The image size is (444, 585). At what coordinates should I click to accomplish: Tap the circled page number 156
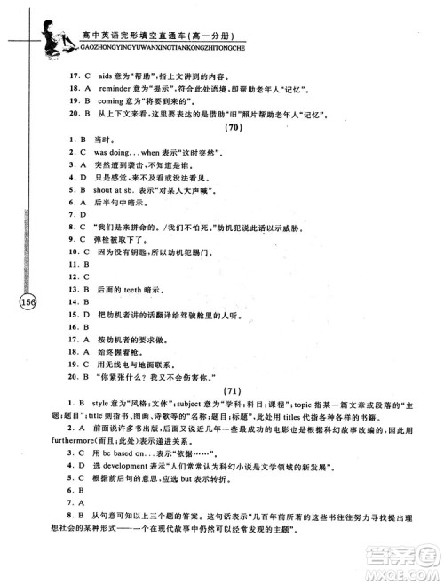27,302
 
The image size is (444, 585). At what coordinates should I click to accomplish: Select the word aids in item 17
88,77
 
